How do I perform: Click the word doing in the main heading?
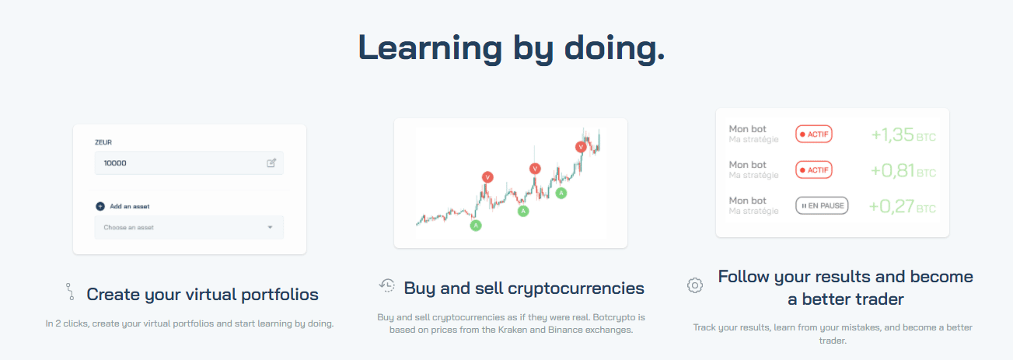[x=615, y=49]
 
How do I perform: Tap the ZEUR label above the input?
[x=103, y=142]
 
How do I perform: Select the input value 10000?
[x=115, y=163]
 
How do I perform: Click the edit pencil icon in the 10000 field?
[x=271, y=163]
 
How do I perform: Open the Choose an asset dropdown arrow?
[x=270, y=227]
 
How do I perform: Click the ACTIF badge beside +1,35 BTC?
[x=814, y=135]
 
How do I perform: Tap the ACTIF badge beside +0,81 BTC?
[x=814, y=170]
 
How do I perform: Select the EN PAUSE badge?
[x=822, y=206]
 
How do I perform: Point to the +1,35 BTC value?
[x=903, y=135]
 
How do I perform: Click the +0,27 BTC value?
[x=902, y=207]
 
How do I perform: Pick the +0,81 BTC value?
[x=903, y=170]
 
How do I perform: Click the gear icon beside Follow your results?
[x=695, y=285]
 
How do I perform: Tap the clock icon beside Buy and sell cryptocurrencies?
[x=387, y=285]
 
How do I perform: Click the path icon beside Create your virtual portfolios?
[x=70, y=292]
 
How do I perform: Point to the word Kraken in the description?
[x=512, y=330]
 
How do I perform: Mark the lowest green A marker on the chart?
[x=476, y=225]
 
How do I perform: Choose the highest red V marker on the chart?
[x=581, y=147]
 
